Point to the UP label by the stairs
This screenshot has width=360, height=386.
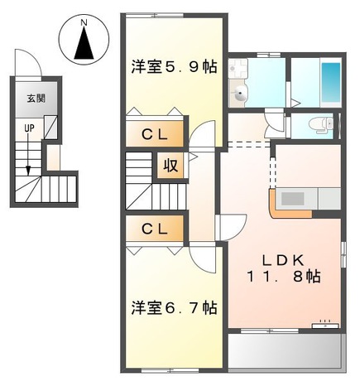[x=28, y=128]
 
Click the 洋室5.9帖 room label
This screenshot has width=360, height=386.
[x=173, y=68]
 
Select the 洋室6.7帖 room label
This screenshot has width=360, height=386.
[x=173, y=308]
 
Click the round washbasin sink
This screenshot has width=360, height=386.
[x=241, y=94]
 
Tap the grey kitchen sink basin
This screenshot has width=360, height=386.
[x=294, y=199]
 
